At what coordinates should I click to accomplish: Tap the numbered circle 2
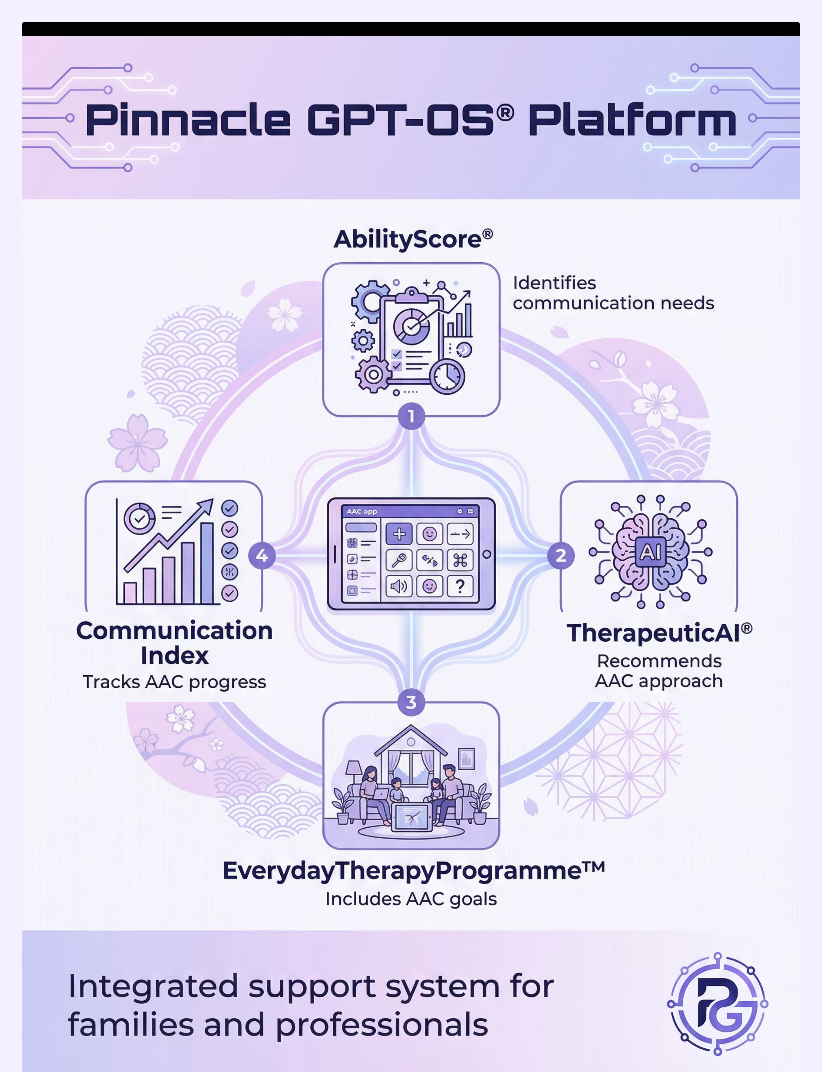[x=561, y=556]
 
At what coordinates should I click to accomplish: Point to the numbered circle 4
[x=262, y=556]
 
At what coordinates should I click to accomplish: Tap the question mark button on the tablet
[x=460, y=586]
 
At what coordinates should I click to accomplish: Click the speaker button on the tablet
[x=399, y=586]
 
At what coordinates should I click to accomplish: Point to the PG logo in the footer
[x=717, y=1004]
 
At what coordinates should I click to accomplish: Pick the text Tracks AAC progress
[x=174, y=682]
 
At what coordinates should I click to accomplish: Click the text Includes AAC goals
[x=411, y=899]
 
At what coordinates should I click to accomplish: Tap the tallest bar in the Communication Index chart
[x=207, y=563]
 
